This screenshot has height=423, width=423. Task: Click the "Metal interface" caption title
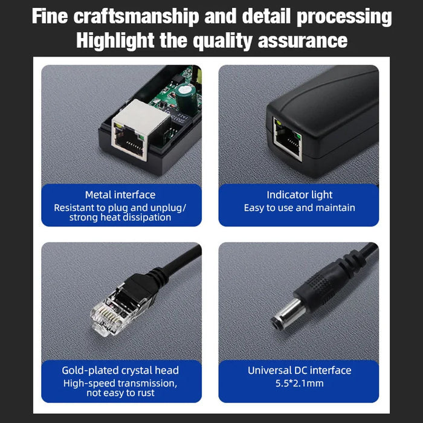tap(120, 195)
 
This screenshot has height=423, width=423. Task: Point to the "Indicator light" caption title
tap(300, 195)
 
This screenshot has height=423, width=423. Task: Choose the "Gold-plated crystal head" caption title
tap(120, 370)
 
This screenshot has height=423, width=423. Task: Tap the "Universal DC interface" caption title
tap(300, 370)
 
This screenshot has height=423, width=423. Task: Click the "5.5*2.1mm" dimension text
tap(300, 383)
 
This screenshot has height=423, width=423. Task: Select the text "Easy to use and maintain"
tap(300, 208)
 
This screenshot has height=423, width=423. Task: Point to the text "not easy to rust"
tap(120, 393)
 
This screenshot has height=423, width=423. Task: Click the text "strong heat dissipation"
tap(120, 217)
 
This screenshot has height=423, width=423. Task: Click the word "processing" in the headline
tap(343, 17)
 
